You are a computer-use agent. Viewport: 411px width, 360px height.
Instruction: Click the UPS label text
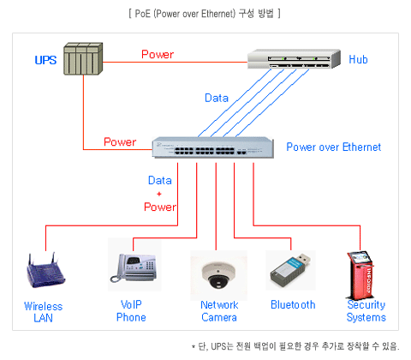[45, 60]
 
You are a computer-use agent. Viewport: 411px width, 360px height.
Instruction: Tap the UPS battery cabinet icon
[83, 59]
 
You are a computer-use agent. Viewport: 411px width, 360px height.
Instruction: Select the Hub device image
[294, 59]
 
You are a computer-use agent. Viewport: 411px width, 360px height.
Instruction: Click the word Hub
[358, 59]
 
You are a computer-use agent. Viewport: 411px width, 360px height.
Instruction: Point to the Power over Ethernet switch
[213, 147]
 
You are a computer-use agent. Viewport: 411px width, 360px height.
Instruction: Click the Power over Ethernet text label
[334, 147]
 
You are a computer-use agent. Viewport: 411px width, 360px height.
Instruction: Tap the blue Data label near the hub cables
[217, 98]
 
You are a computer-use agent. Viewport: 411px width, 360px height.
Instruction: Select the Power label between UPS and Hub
[158, 54]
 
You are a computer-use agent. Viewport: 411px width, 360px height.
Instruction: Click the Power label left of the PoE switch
[120, 141]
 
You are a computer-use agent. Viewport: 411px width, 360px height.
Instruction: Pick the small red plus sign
[159, 194]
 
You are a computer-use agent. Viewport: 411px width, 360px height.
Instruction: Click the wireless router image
[45, 270]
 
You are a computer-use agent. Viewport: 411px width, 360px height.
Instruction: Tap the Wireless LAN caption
[44, 312]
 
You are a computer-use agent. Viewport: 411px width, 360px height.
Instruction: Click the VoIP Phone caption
[131, 311]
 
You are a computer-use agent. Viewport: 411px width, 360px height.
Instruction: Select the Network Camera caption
[219, 311]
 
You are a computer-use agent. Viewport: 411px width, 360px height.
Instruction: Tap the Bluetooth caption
[293, 305]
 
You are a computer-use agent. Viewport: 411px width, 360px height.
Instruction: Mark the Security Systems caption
[366, 311]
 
